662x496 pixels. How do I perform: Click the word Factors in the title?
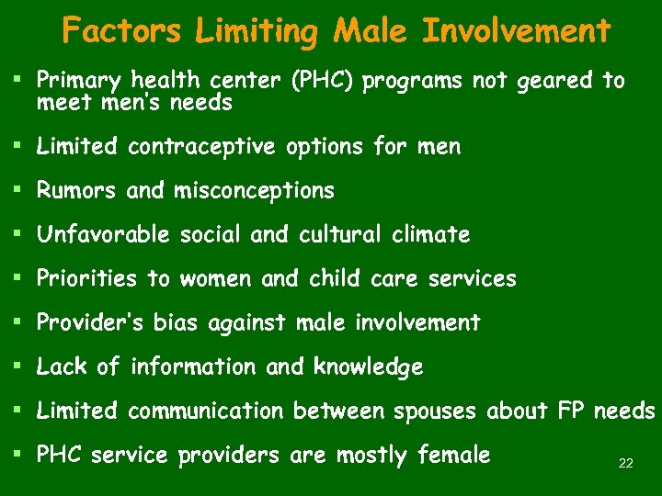[x=122, y=31]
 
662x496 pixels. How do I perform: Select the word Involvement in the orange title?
[x=515, y=31]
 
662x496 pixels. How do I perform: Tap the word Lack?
[x=62, y=367]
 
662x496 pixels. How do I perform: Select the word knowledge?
[x=368, y=367]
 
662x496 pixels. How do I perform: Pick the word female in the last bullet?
[x=453, y=455]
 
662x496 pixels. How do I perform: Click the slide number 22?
[x=625, y=464]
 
